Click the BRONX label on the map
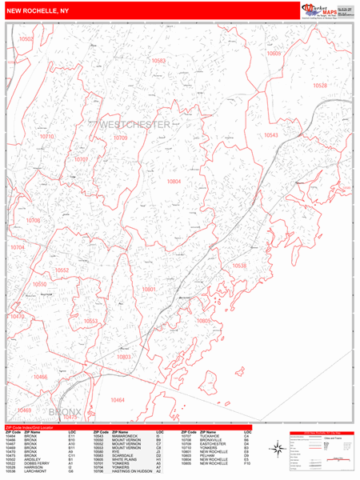pos(66,412)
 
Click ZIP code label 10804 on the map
pos(174,182)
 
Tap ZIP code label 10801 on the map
pos(149,289)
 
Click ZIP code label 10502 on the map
pos(27,38)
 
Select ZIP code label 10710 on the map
pos(47,137)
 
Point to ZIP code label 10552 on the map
pos(62,270)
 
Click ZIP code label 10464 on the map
pos(118,399)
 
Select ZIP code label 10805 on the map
pos(203,321)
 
